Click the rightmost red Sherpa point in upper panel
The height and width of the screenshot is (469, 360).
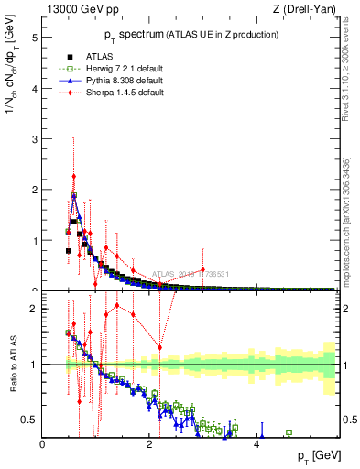[x=202, y=269]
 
